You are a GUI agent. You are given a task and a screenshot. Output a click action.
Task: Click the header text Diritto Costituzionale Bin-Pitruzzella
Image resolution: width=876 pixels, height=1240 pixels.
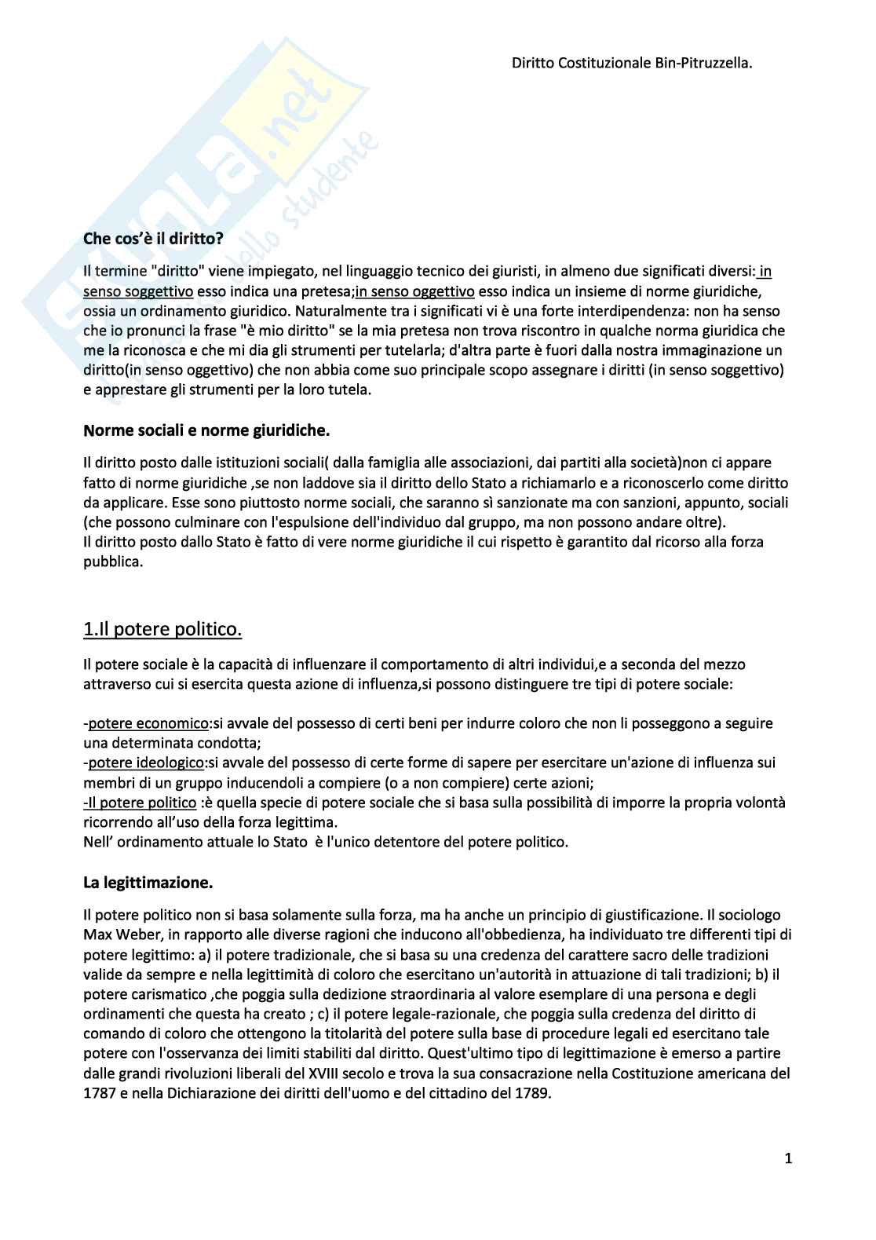(632, 63)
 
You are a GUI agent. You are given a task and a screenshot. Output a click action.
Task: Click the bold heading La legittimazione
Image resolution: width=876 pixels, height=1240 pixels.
(148, 883)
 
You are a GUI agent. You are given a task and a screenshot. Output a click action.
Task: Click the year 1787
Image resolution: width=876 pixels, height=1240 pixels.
(100, 1093)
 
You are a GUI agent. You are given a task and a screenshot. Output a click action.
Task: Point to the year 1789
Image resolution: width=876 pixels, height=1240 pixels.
(534, 1093)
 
